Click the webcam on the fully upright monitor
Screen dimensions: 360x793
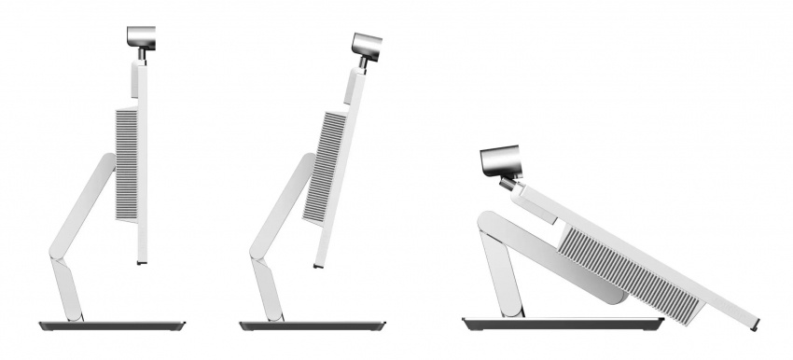click(x=144, y=36)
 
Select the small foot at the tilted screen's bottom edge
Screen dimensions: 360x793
click(x=317, y=267)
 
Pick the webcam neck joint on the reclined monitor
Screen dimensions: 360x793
click(x=510, y=184)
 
